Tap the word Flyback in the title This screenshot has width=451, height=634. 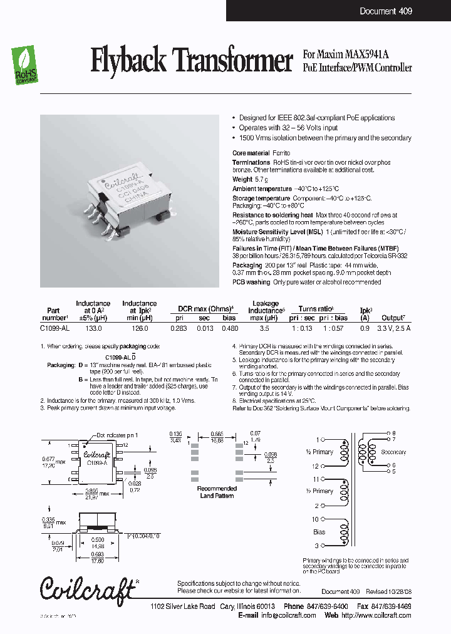pyautogui.click(x=128, y=61)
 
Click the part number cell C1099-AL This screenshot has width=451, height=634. pyautogui.click(x=54, y=328)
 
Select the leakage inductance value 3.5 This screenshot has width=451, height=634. pyautogui.click(x=264, y=328)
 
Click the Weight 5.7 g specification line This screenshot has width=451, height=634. pyautogui.click(x=249, y=180)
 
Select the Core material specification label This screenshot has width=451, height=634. pyautogui.click(x=251, y=153)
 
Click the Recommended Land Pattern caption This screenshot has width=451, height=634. pyautogui.click(x=217, y=492)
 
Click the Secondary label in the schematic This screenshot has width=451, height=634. pyautogui.click(x=393, y=452)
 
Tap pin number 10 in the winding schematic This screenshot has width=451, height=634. pyautogui.click(x=315, y=519)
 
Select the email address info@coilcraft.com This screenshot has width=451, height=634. pyautogui.click(x=288, y=615)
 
